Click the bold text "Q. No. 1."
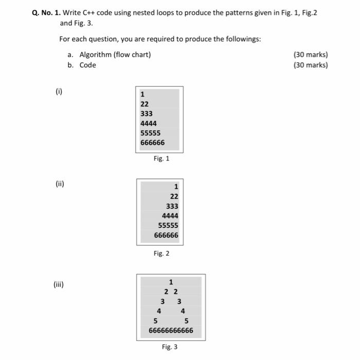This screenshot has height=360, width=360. tap(46, 12)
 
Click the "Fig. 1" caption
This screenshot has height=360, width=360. tap(161, 158)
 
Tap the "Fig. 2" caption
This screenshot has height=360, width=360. tap(161, 253)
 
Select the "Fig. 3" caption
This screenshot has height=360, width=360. tap(169, 347)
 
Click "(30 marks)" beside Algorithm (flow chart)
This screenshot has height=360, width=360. tap(310, 55)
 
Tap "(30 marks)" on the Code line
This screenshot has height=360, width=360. tap(310, 65)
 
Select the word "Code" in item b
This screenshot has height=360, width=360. tap(87, 65)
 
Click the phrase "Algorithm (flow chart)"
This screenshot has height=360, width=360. tap(115, 55)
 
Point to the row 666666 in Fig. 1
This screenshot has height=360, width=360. tap(153, 142)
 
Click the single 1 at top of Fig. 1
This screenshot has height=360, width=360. tap(142, 94)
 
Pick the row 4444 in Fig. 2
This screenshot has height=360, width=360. tap(170, 216)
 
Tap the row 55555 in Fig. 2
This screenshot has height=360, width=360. tap(168, 226)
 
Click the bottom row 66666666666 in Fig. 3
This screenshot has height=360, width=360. tap(171, 330)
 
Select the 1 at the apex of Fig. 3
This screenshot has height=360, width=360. tap(171, 281)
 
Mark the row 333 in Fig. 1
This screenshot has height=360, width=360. tap(147, 114)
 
